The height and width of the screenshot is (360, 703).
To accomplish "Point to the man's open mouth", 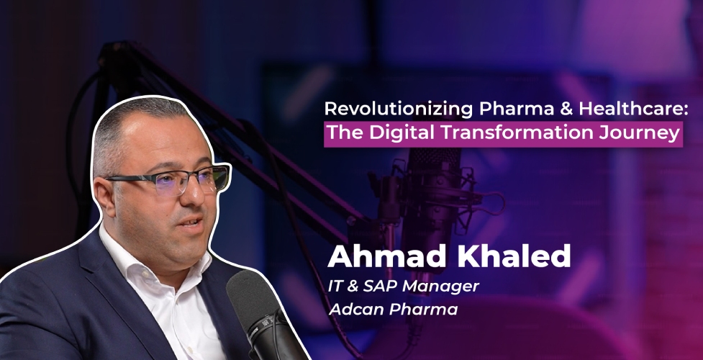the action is click(x=194, y=221).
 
